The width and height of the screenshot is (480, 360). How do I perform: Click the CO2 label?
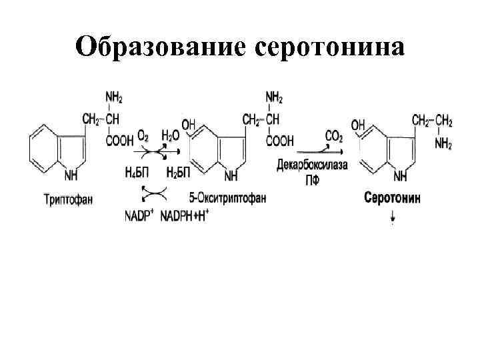[334, 137]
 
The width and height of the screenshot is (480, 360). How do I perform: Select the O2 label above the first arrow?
[143, 136]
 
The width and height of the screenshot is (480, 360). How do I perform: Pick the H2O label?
[171, 136]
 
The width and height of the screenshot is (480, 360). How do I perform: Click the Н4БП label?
[137, 173]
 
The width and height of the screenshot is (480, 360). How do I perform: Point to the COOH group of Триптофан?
[118, 141]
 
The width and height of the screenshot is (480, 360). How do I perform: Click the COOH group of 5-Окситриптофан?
[280, 141]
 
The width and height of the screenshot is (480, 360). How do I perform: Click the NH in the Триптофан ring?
[72, 176]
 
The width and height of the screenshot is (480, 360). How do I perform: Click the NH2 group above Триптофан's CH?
[114, 99]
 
